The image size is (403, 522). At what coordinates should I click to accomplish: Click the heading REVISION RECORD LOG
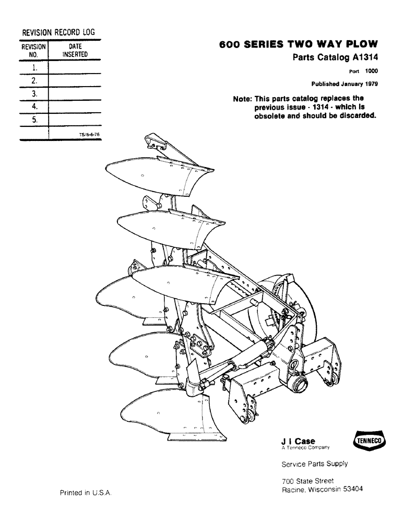(x=57, y=32)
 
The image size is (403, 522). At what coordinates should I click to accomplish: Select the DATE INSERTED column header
(x=75, y=50)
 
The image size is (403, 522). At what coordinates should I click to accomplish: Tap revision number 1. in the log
(x=34, y=68)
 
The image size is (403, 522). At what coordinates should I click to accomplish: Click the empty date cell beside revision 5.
(x=75, y=120)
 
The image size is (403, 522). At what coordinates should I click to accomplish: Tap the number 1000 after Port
(x=371, y=72)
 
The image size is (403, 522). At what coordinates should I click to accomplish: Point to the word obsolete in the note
(x=269, y=116)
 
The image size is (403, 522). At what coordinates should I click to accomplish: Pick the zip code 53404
(x=351, y=490)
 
